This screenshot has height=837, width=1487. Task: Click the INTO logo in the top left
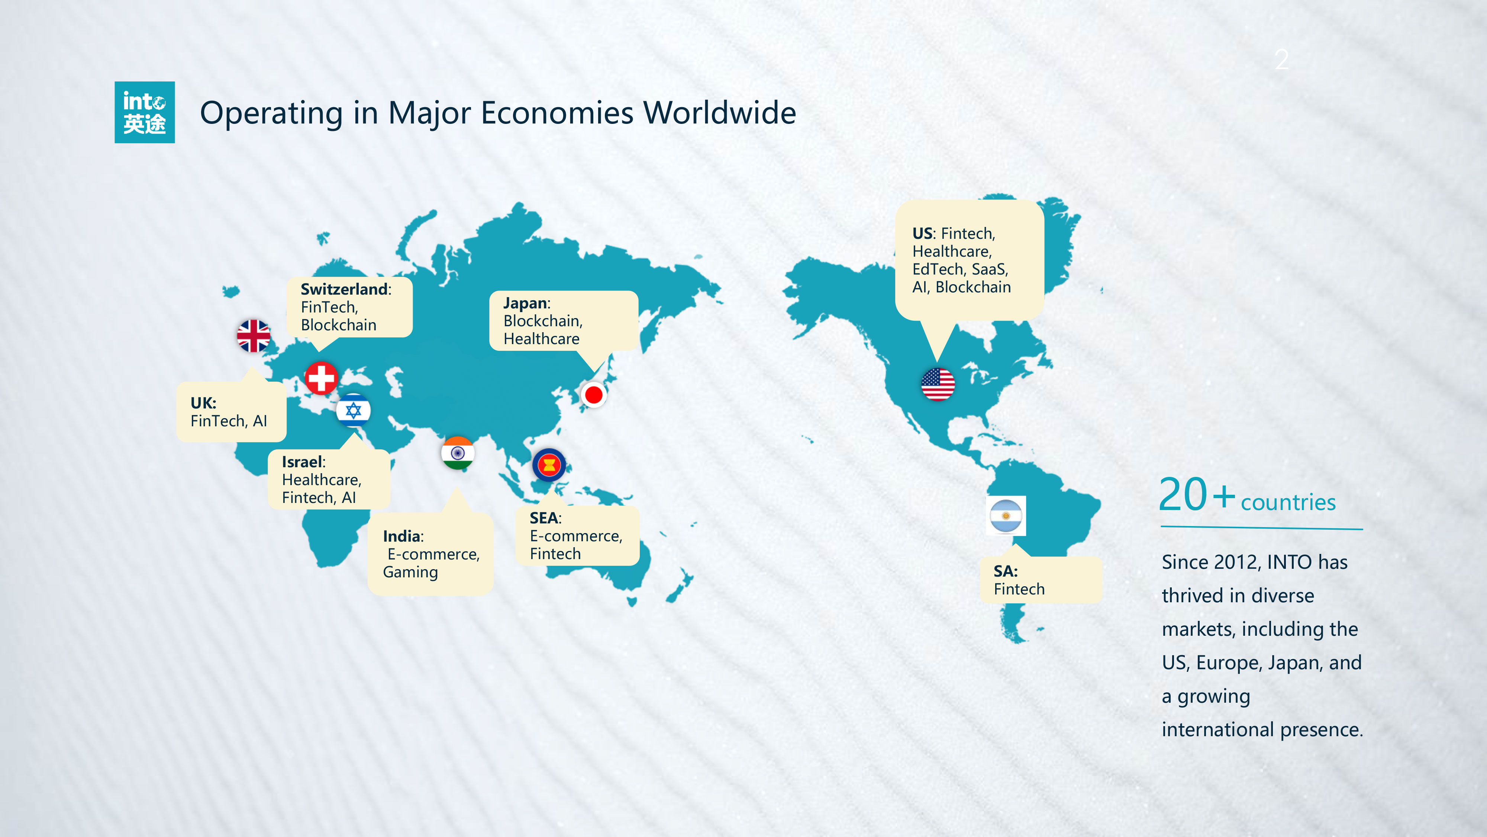[x=144, y=112]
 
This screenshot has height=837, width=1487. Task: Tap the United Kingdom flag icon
[x=254, y=336]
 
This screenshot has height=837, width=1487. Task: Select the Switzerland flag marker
[x=321, y=378]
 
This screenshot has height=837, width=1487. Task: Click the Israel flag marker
[x=353, y=410]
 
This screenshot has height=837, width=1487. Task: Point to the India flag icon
[x=458, y=453]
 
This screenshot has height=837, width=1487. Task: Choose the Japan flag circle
[x=593, y=395]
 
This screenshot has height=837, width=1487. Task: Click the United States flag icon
[x=938, y=384]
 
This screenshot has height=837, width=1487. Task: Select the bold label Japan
[x=525, y=303]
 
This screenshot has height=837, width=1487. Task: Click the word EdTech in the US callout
[x=939, y=269]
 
